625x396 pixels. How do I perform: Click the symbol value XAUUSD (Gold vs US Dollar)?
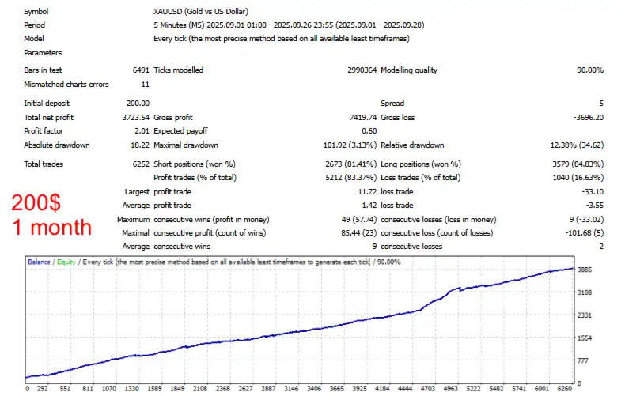[201, 12]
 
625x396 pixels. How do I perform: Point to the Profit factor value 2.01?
[142, 131]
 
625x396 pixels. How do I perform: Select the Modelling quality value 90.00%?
[590, 70]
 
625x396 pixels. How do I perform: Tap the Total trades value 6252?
[139, 164]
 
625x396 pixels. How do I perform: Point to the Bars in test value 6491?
[140, 70]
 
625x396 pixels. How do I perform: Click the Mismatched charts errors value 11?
[145, 85]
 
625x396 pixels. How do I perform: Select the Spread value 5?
[601, 104]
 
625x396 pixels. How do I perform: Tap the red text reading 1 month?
[51, 228]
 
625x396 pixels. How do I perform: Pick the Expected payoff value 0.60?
[369, 131]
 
